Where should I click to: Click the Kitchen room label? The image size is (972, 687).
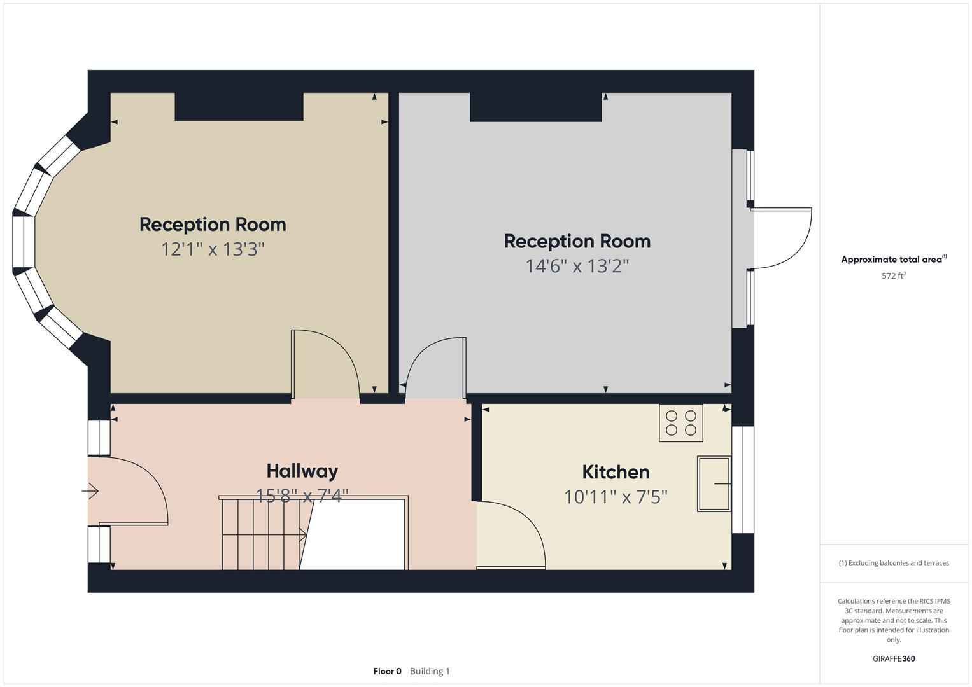pos(616,472)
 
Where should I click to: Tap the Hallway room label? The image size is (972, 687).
pos(302,471)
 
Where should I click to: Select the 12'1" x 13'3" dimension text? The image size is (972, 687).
pos(213,249)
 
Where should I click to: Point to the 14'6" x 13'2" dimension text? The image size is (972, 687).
pos(577,265)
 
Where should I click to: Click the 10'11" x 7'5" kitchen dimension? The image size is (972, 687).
pos(616,496)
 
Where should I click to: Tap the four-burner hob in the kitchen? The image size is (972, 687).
pos(681,423)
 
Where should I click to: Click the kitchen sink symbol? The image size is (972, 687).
pos(714,483)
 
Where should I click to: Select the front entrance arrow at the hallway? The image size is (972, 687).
pos(90,491)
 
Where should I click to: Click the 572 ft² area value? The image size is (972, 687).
pos(894,276)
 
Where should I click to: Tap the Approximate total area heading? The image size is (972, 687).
pos(894,260)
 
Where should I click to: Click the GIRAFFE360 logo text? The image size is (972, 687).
pos(894,658)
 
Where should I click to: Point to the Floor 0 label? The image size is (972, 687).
pos(387,671)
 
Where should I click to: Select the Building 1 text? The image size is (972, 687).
pos(430,671)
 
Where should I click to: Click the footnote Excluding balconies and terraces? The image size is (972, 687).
pos(894,563)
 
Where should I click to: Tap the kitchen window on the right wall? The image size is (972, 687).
pos(743,480)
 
